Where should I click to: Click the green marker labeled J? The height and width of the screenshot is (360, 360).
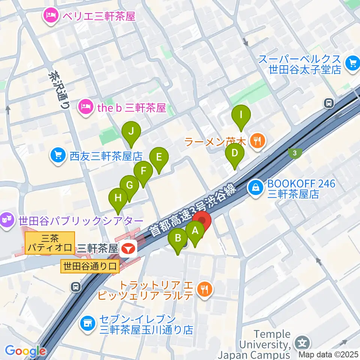[x=131, y=131]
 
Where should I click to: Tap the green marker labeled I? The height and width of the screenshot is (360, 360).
[x=241, y=113]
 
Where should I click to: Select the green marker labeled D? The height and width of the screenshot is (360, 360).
[x=235, y=153]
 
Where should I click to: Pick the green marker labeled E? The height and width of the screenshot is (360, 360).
[x=159, y=157]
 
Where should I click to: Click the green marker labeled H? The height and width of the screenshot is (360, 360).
[x=118, y=198]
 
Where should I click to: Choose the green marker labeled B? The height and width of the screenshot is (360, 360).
[x=178, y=238]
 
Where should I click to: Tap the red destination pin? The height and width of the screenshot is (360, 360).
[x=202, y=221]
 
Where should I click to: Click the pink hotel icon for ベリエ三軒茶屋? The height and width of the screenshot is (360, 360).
[x=50, y=16]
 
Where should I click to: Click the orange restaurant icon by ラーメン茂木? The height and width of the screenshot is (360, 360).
[x=257, y=142]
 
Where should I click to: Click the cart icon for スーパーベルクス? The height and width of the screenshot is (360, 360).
[x=352, y=62]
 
